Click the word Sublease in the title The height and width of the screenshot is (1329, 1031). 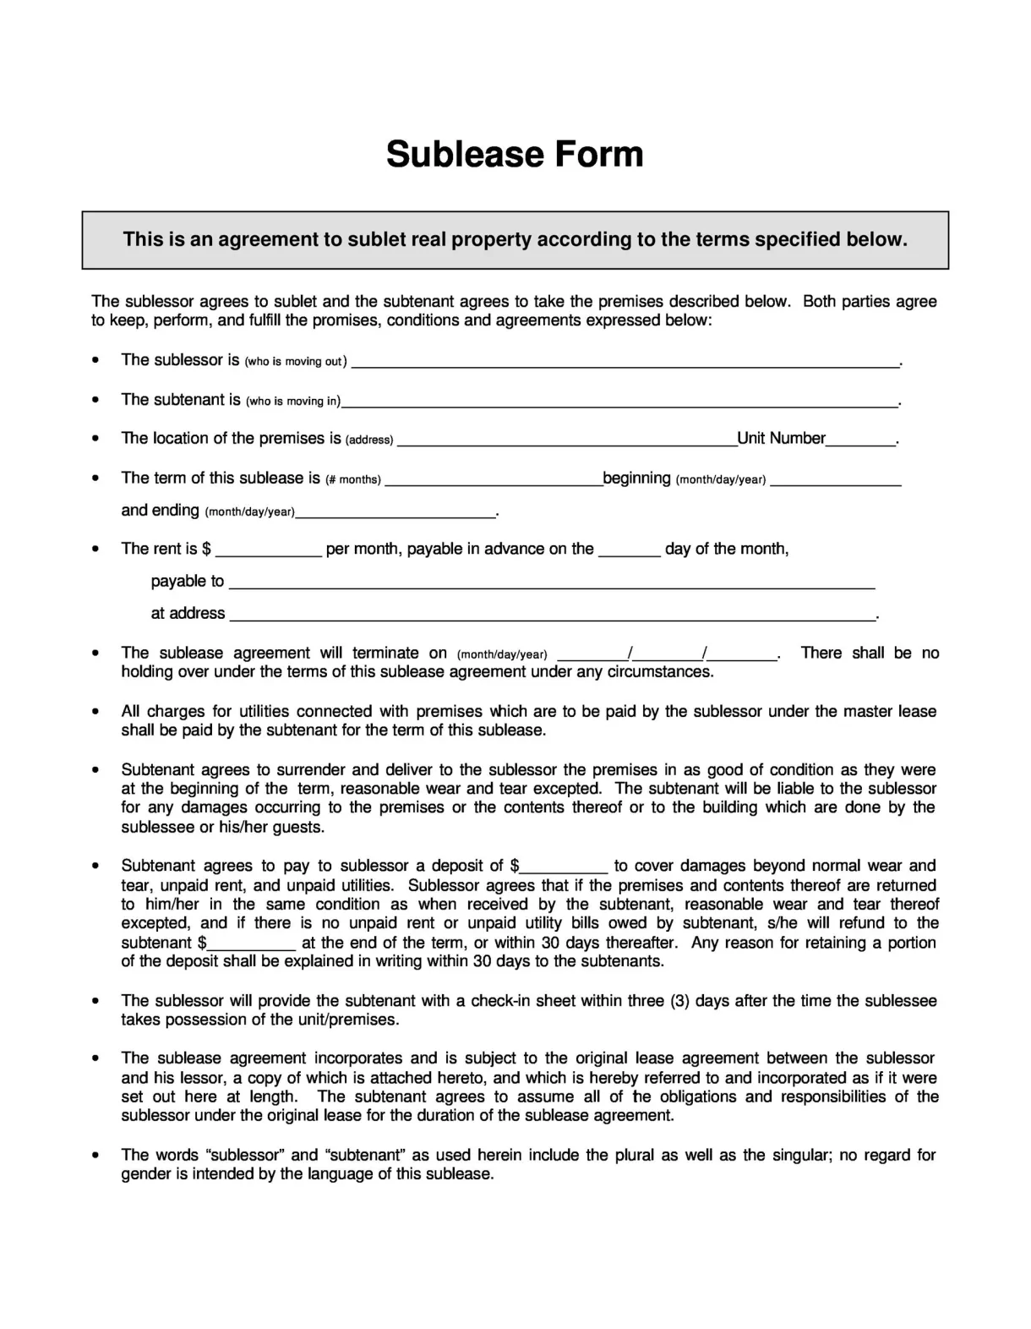point(463,154)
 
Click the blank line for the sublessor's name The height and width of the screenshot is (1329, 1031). point(625,363)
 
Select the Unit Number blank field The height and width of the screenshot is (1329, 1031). point(860,440)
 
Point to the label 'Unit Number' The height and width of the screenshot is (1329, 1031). point(781,438)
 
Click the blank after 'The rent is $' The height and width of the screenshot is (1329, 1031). point(269,551)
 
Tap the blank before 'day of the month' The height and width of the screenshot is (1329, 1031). point(630,551)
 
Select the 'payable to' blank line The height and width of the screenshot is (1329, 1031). point(552,583)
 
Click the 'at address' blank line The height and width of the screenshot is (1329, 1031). point(552,615)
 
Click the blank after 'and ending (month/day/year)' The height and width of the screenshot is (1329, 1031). point(395,512)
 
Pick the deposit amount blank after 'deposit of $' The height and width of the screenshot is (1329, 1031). point(564,867)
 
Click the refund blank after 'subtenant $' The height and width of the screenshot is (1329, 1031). point(251,945)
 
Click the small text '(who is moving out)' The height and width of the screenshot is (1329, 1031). point(295,362)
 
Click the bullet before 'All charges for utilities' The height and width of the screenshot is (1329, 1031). point(97,712)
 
